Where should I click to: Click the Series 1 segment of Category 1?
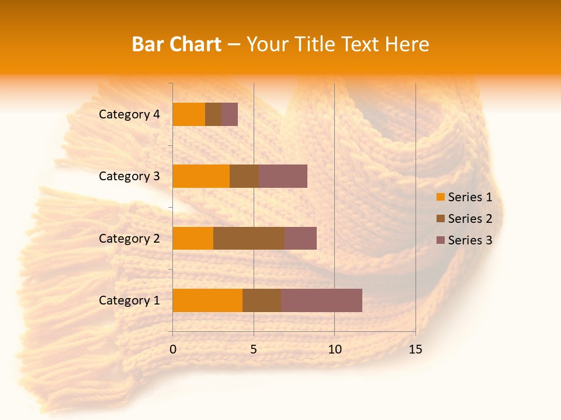pos(207,300)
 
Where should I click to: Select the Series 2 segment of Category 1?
pos(262,300)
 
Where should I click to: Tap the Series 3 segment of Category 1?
pos(321,300)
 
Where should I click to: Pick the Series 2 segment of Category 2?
pos(249,238)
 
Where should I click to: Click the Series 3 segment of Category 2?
pos(300,238)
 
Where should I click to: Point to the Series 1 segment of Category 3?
pos(201,176)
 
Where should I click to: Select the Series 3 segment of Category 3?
pos(283,176)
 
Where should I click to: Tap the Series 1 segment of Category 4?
pos(189,114)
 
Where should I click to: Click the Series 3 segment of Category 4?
pos(230,114)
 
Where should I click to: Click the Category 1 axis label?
pos(129,300)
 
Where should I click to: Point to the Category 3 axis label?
pos(129,176)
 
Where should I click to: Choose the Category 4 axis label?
pos(129,114)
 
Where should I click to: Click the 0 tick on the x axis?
pos(173,349)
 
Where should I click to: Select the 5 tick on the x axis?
pos(254,349)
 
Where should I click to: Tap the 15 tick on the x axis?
pos(415,349)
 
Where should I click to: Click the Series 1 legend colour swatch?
pos(440,197)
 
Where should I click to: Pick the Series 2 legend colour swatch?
pos(440,219)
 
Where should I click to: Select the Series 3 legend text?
pos(470,240)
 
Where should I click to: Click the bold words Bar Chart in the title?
pos(176,44)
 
